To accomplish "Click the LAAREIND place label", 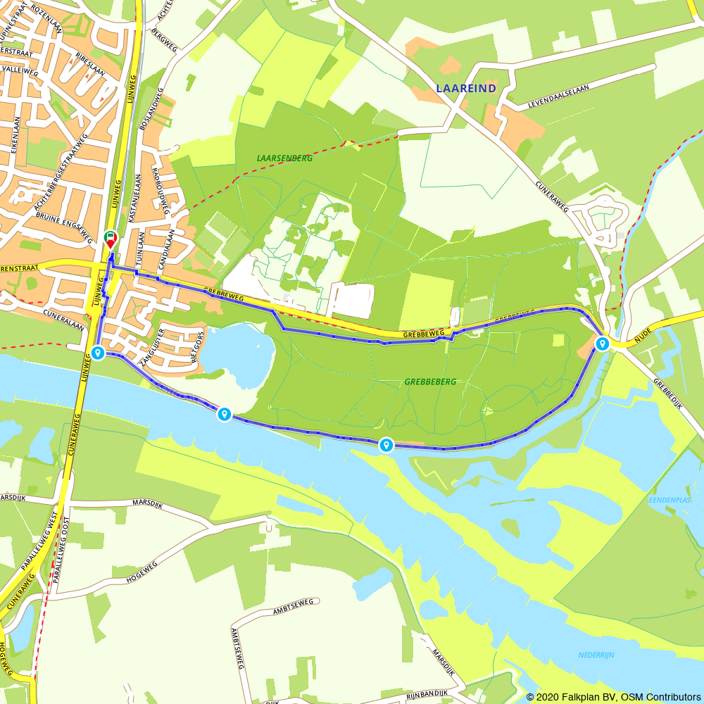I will click(x=465, y=88).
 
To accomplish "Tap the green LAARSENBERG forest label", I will click(x=285, y=158).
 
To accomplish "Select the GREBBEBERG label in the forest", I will click(x=430, y=382).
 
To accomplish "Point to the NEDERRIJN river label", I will click(x=596, y=655).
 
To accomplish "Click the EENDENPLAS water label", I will click(x=669, y=500).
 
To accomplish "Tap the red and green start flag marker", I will click(x=111, y=239).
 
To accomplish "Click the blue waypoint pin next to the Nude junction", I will click(x=602, y=344).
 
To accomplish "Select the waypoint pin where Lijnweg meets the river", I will click(x=98, y=353).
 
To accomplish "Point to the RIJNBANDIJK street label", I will click(x=427, y=694).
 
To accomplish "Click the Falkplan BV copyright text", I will click(x=612, y=696).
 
